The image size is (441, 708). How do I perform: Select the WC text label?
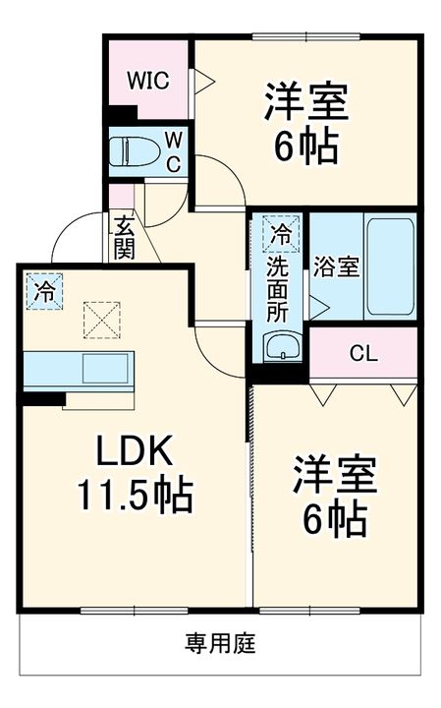172,151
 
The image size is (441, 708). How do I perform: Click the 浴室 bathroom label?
336,268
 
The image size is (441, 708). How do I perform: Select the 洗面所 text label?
281,290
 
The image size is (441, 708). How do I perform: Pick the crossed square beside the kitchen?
98,318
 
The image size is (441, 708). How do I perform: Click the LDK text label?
136,452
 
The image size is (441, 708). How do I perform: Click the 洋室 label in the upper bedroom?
304,103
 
